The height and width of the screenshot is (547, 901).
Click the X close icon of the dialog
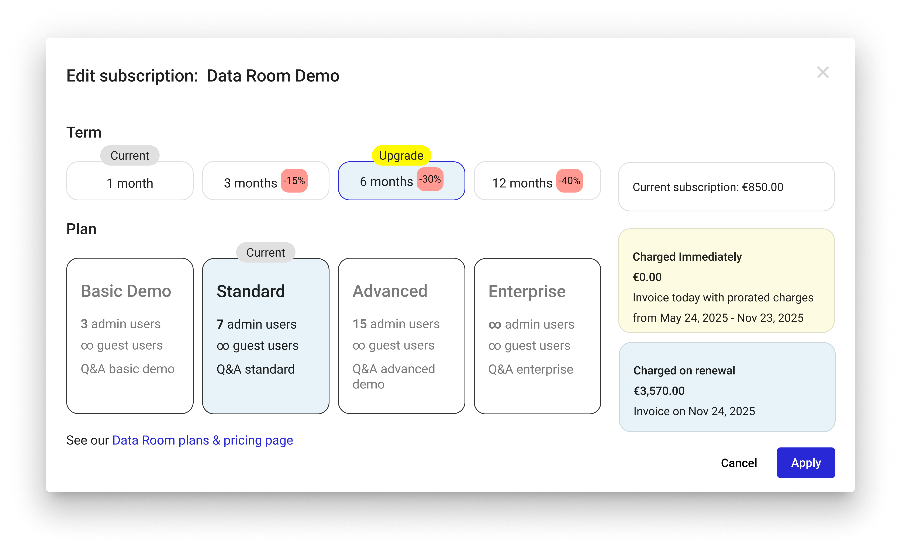click(823, 72)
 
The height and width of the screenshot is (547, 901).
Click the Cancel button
click(739, 463)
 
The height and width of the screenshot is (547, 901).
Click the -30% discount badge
click(430, 179)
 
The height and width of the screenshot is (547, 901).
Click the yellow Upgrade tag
click(401, 155)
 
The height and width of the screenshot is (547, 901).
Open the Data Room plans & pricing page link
click(203, 440)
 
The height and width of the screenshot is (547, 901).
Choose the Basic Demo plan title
click(126, 291)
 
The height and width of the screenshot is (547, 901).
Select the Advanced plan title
click(390, 291)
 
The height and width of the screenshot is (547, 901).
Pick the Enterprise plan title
click(527, 291)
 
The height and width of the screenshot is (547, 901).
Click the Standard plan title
click(251, 291)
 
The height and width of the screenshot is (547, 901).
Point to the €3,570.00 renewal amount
click(659, 391)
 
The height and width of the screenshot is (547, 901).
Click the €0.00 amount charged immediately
click(647, 277)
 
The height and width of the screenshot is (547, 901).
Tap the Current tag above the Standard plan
click(265, 252)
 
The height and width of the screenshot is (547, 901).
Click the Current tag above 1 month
click(130, 155)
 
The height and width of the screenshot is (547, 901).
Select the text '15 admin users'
click(396, 324)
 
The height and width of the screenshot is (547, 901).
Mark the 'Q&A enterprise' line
click(531, 369)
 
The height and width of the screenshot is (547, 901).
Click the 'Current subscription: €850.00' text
click(708, 187)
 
